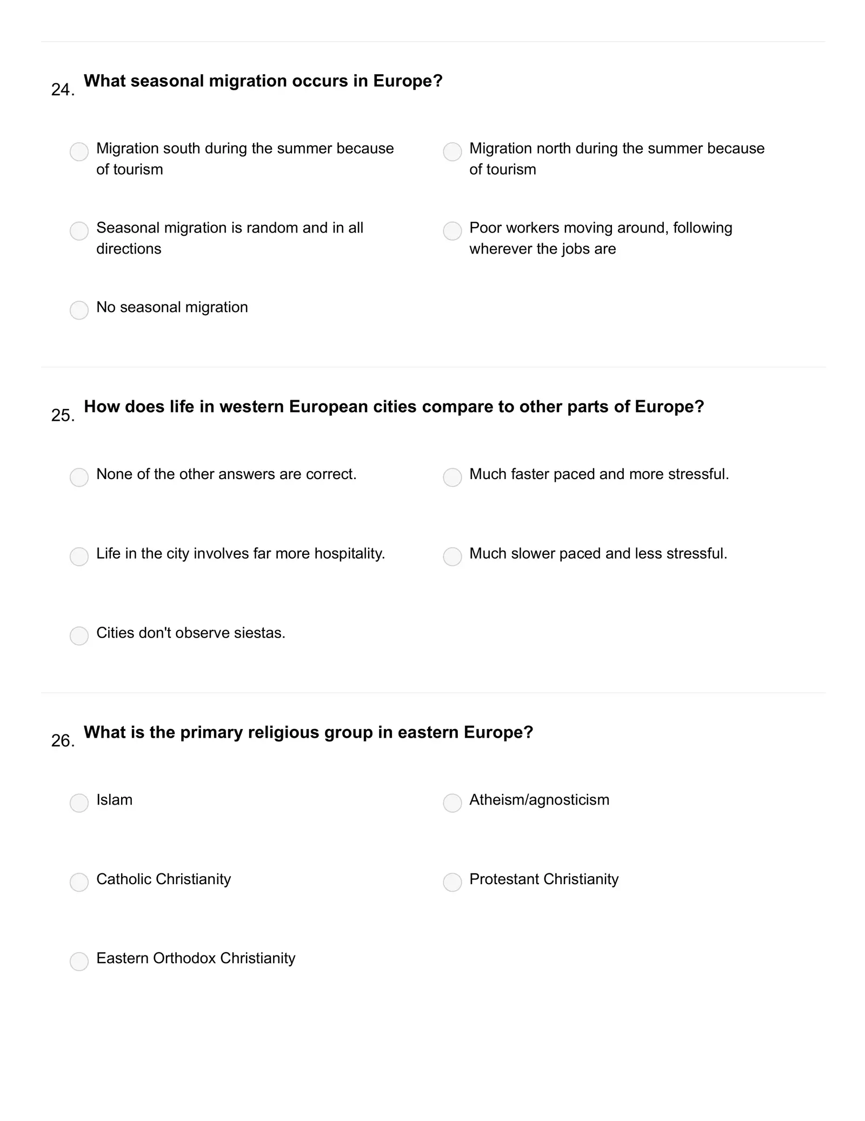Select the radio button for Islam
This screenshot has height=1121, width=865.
click(79, 802)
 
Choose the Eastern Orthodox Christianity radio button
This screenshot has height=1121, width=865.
click(79, 961)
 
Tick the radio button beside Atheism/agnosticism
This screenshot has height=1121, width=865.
click(452, 802)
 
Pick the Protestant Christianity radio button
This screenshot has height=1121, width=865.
click(452, 882)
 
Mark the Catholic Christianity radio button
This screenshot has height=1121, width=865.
click(79, 882)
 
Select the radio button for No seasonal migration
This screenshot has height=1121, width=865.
click(79, 310)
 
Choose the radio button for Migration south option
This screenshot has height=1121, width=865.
click(79, 151)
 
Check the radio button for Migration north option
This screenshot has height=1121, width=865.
click(452, 151)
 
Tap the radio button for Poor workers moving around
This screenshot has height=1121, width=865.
click(452, 231)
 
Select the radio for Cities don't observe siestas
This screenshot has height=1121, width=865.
click(79, 635)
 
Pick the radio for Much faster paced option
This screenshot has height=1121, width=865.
click(452, 477)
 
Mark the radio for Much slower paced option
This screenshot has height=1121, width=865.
click(452, 556)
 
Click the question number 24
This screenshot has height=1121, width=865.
click(62, 90)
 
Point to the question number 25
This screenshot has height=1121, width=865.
click(62, 415)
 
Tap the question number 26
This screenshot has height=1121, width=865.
click(62, 741)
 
